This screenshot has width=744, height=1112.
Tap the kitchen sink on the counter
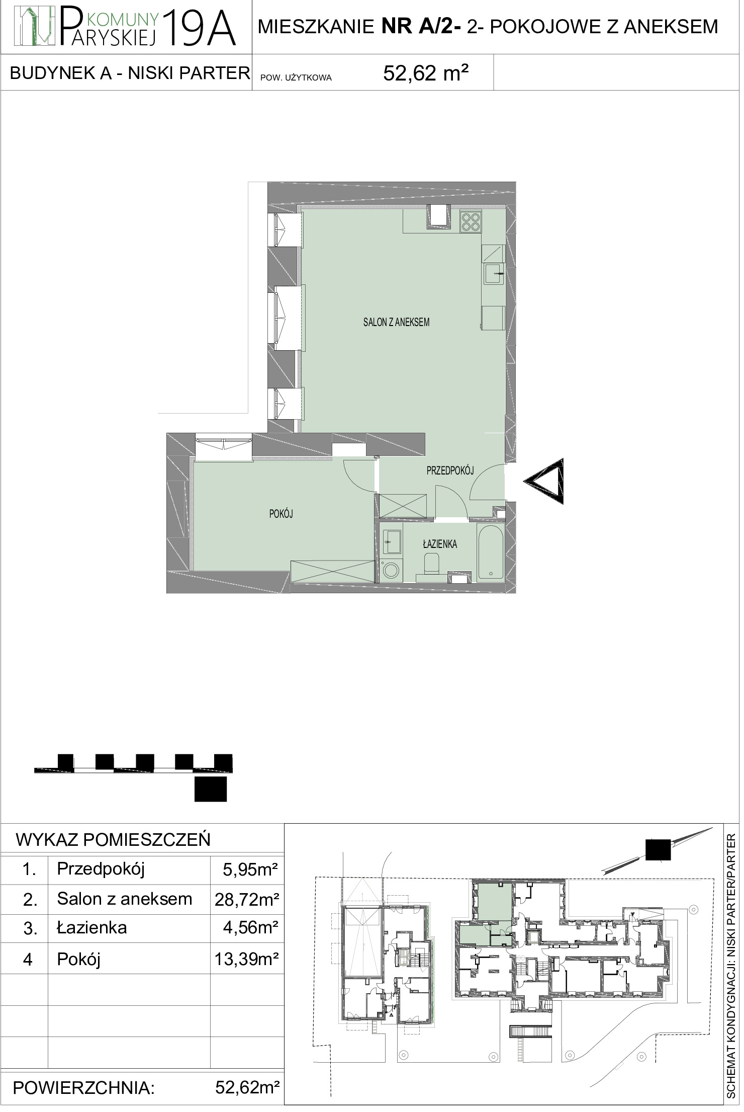pos(495,274)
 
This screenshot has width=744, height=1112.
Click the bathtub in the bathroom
pos(492,553)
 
